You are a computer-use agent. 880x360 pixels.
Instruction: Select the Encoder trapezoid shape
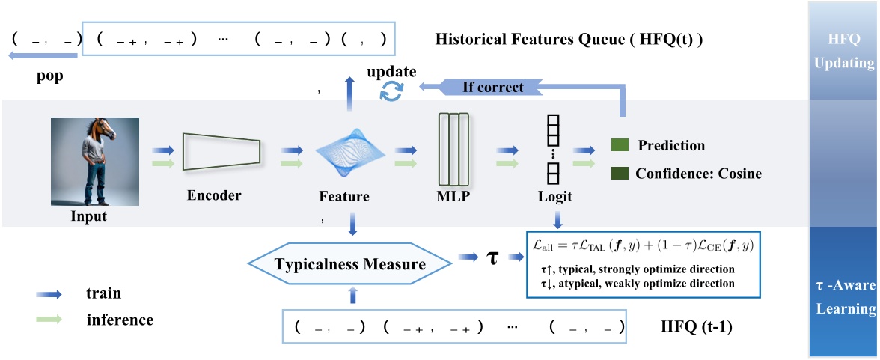click(221, 153)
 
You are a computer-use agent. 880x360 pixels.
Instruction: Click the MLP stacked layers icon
click(453, 149)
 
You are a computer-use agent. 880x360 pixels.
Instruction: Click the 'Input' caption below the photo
click(88, 217)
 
